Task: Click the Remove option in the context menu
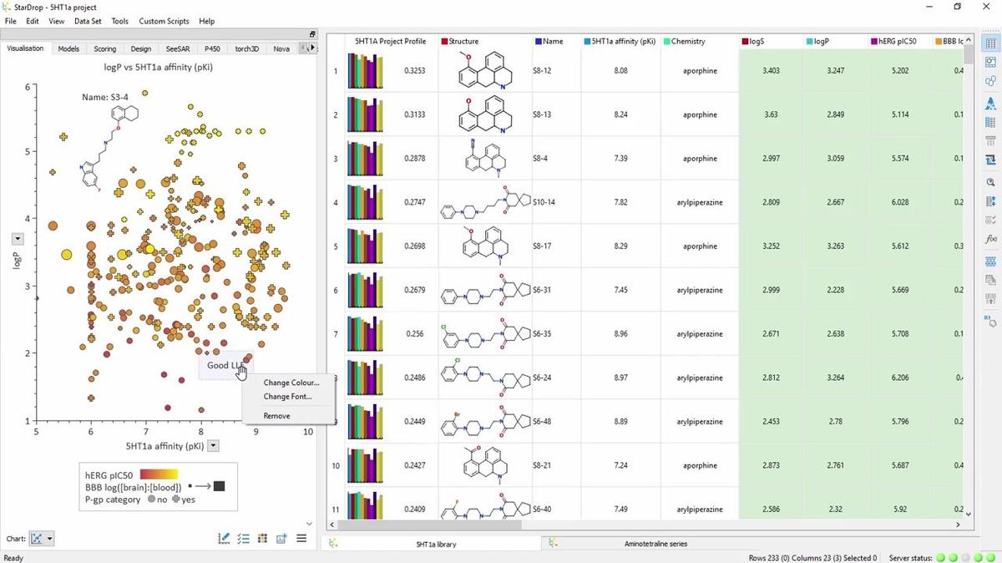coord(276,415)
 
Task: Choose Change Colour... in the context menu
coord(291,383)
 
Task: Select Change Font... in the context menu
coord(287,397)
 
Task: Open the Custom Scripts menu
coord(164,21)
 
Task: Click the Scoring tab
coord(104,48)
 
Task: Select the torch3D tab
coord(247,48)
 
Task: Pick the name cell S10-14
coord(544,202)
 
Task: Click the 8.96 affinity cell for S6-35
coord(620,333)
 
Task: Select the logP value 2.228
coord(835,290)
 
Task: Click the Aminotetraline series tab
coord(655,544)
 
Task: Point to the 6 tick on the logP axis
coord(28,87)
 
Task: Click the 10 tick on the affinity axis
coord(308,432)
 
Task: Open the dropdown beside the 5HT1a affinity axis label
coord(213,446)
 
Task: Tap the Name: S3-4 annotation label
coord(105,97)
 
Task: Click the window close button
coord(984,7)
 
